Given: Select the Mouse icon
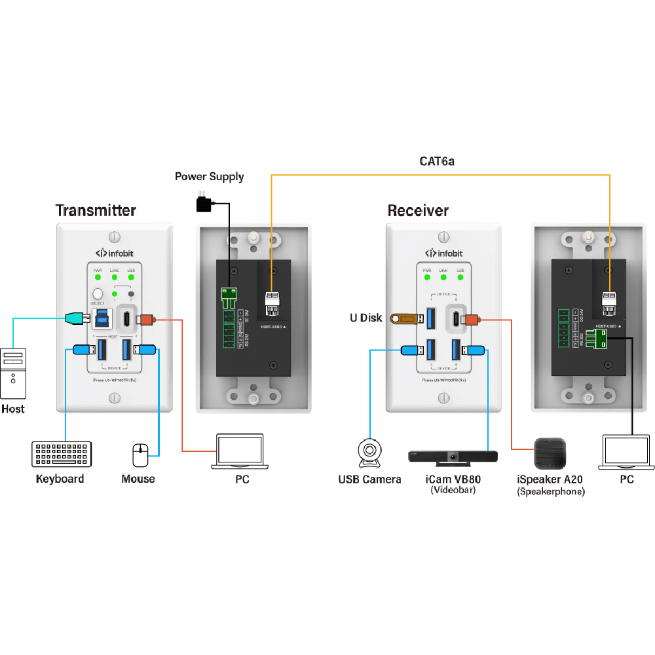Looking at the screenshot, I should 140,455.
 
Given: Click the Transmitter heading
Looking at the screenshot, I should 96,210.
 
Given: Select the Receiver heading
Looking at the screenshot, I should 418,210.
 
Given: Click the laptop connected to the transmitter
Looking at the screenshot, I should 239,452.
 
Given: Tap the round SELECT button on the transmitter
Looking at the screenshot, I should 99,295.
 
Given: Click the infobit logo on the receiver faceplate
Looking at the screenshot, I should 444,252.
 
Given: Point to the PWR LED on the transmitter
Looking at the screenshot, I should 98,277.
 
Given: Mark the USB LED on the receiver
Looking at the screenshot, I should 460,277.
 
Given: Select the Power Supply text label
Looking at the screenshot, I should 209,176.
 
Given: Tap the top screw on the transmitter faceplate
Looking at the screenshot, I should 115,236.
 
